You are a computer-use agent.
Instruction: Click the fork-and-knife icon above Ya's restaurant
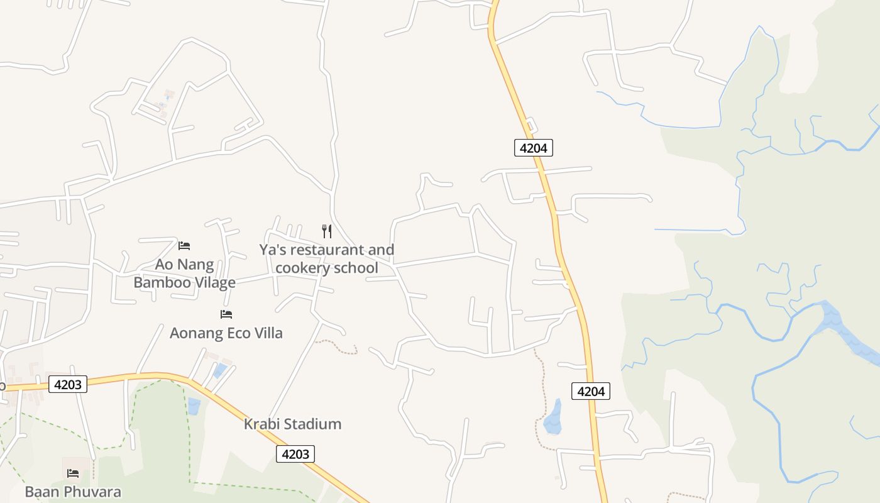tap(327, 231)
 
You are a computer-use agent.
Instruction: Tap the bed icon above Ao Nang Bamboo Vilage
tap(184, 245)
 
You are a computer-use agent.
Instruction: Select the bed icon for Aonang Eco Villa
tap(226, 314)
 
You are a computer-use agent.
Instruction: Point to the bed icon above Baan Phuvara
tap(73, 473)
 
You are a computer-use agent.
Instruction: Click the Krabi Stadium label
tap(292, 424)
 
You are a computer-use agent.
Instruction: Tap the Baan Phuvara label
tap(73, 491)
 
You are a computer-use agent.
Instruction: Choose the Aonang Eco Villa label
tap(226, 333)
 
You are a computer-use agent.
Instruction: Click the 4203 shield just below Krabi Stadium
tap(295, 453)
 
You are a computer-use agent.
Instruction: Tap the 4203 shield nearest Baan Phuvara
tap(67, 384)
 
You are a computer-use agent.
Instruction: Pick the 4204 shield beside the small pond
tap(591, 391)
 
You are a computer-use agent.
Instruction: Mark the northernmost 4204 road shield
tap(533, 148)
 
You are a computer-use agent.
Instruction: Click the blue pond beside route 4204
tap(553, 418)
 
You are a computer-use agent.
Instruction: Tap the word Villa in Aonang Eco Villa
tap(267, 333)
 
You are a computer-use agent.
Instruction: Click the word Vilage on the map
tap(214, 282)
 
